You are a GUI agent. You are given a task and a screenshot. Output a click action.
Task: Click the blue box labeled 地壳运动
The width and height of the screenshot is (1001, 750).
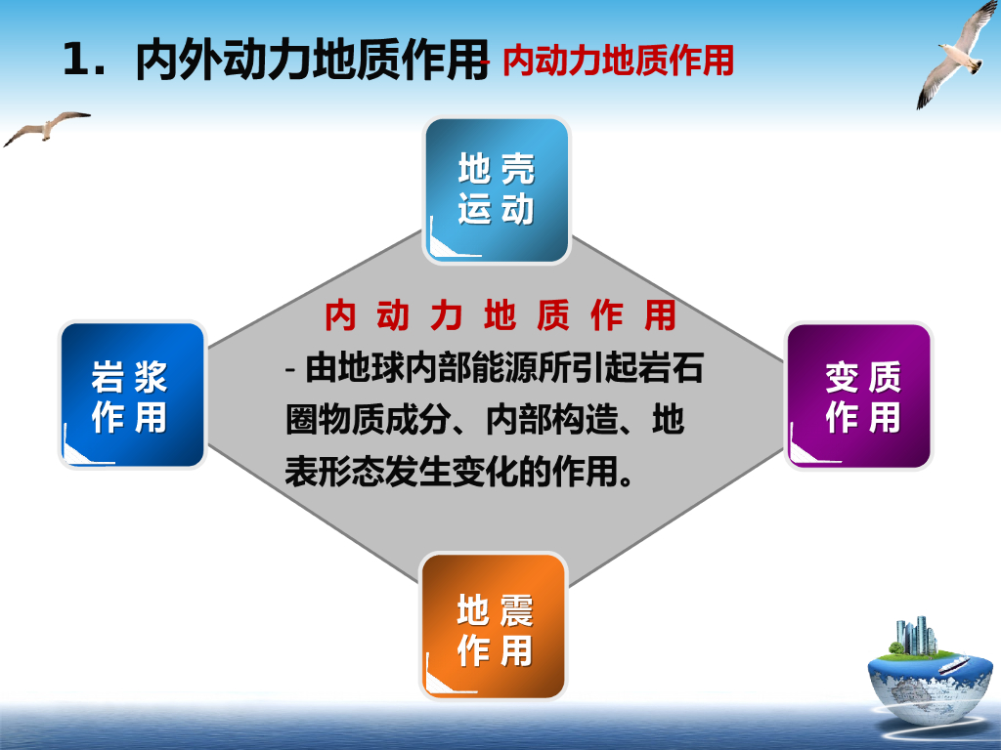(x=496, y=190)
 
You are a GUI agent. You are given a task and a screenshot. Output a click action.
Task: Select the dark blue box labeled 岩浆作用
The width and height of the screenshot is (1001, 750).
(x=133, y=396)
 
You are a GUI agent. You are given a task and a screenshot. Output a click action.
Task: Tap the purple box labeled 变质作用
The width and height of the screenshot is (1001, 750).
(x=858, y=396)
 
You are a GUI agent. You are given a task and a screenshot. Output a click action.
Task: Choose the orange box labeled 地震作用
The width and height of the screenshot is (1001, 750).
(x=494, y=626)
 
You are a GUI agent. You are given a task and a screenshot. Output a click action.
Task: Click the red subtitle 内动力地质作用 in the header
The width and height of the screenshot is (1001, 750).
(x=618, y=61)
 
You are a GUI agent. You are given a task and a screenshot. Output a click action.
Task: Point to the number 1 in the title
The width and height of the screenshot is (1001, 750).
(x=76, y=60)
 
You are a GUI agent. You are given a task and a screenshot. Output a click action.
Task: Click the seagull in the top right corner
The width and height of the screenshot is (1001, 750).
(x=957, y=56)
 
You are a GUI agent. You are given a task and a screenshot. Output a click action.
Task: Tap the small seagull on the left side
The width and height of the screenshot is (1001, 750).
(x=47, y=128)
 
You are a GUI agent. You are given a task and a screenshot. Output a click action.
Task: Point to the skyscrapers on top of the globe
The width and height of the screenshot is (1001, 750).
(x=917, y=635)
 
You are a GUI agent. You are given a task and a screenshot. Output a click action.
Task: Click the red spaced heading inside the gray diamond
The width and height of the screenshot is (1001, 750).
(x=500, y=315)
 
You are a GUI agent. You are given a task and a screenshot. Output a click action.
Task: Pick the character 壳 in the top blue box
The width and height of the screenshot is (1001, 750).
(x=518, y=169)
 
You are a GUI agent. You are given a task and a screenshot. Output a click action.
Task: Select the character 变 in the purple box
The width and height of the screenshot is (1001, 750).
(x=842, y=377)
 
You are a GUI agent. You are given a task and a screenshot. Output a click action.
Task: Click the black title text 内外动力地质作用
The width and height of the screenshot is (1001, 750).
(x=312, y=60)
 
